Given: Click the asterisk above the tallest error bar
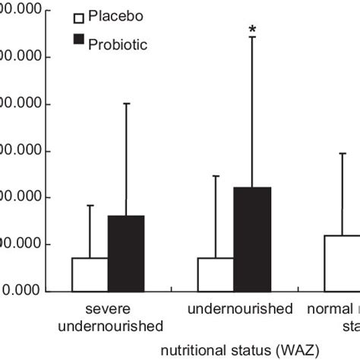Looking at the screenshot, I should coord(253,30).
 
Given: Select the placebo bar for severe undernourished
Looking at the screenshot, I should coord(90,274).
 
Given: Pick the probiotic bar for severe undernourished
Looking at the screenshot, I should coord(125,253).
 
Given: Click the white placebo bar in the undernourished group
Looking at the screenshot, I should coord(216,274).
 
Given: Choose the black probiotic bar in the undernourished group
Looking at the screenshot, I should coord(252,238).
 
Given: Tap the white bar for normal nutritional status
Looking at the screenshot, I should coord(342,263).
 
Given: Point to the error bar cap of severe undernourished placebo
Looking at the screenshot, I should coord(90,205).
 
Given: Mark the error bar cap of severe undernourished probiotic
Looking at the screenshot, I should coord(126,103).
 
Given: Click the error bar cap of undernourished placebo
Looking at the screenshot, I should coord(216,176).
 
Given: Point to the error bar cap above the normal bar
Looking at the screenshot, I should coord(343,153).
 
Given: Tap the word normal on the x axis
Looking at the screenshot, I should coord(327,310).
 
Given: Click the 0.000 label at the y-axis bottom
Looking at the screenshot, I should coord(23,291).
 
